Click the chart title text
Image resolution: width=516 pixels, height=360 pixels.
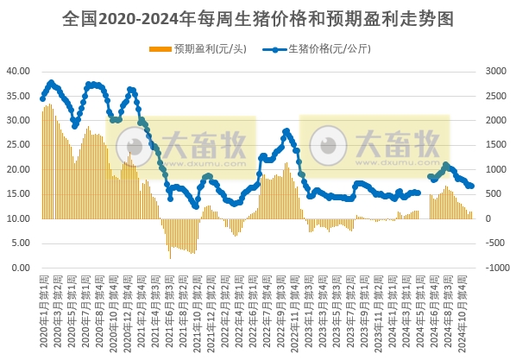click(259, 17)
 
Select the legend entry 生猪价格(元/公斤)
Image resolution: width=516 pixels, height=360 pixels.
click(328, 48)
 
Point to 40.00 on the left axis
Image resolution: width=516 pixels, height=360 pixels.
click(19, 71)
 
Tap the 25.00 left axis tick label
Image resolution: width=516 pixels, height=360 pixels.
click(19, 145)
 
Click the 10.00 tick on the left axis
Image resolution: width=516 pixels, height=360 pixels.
click(19, 218)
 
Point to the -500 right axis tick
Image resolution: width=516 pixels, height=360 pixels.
click(496, 243)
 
